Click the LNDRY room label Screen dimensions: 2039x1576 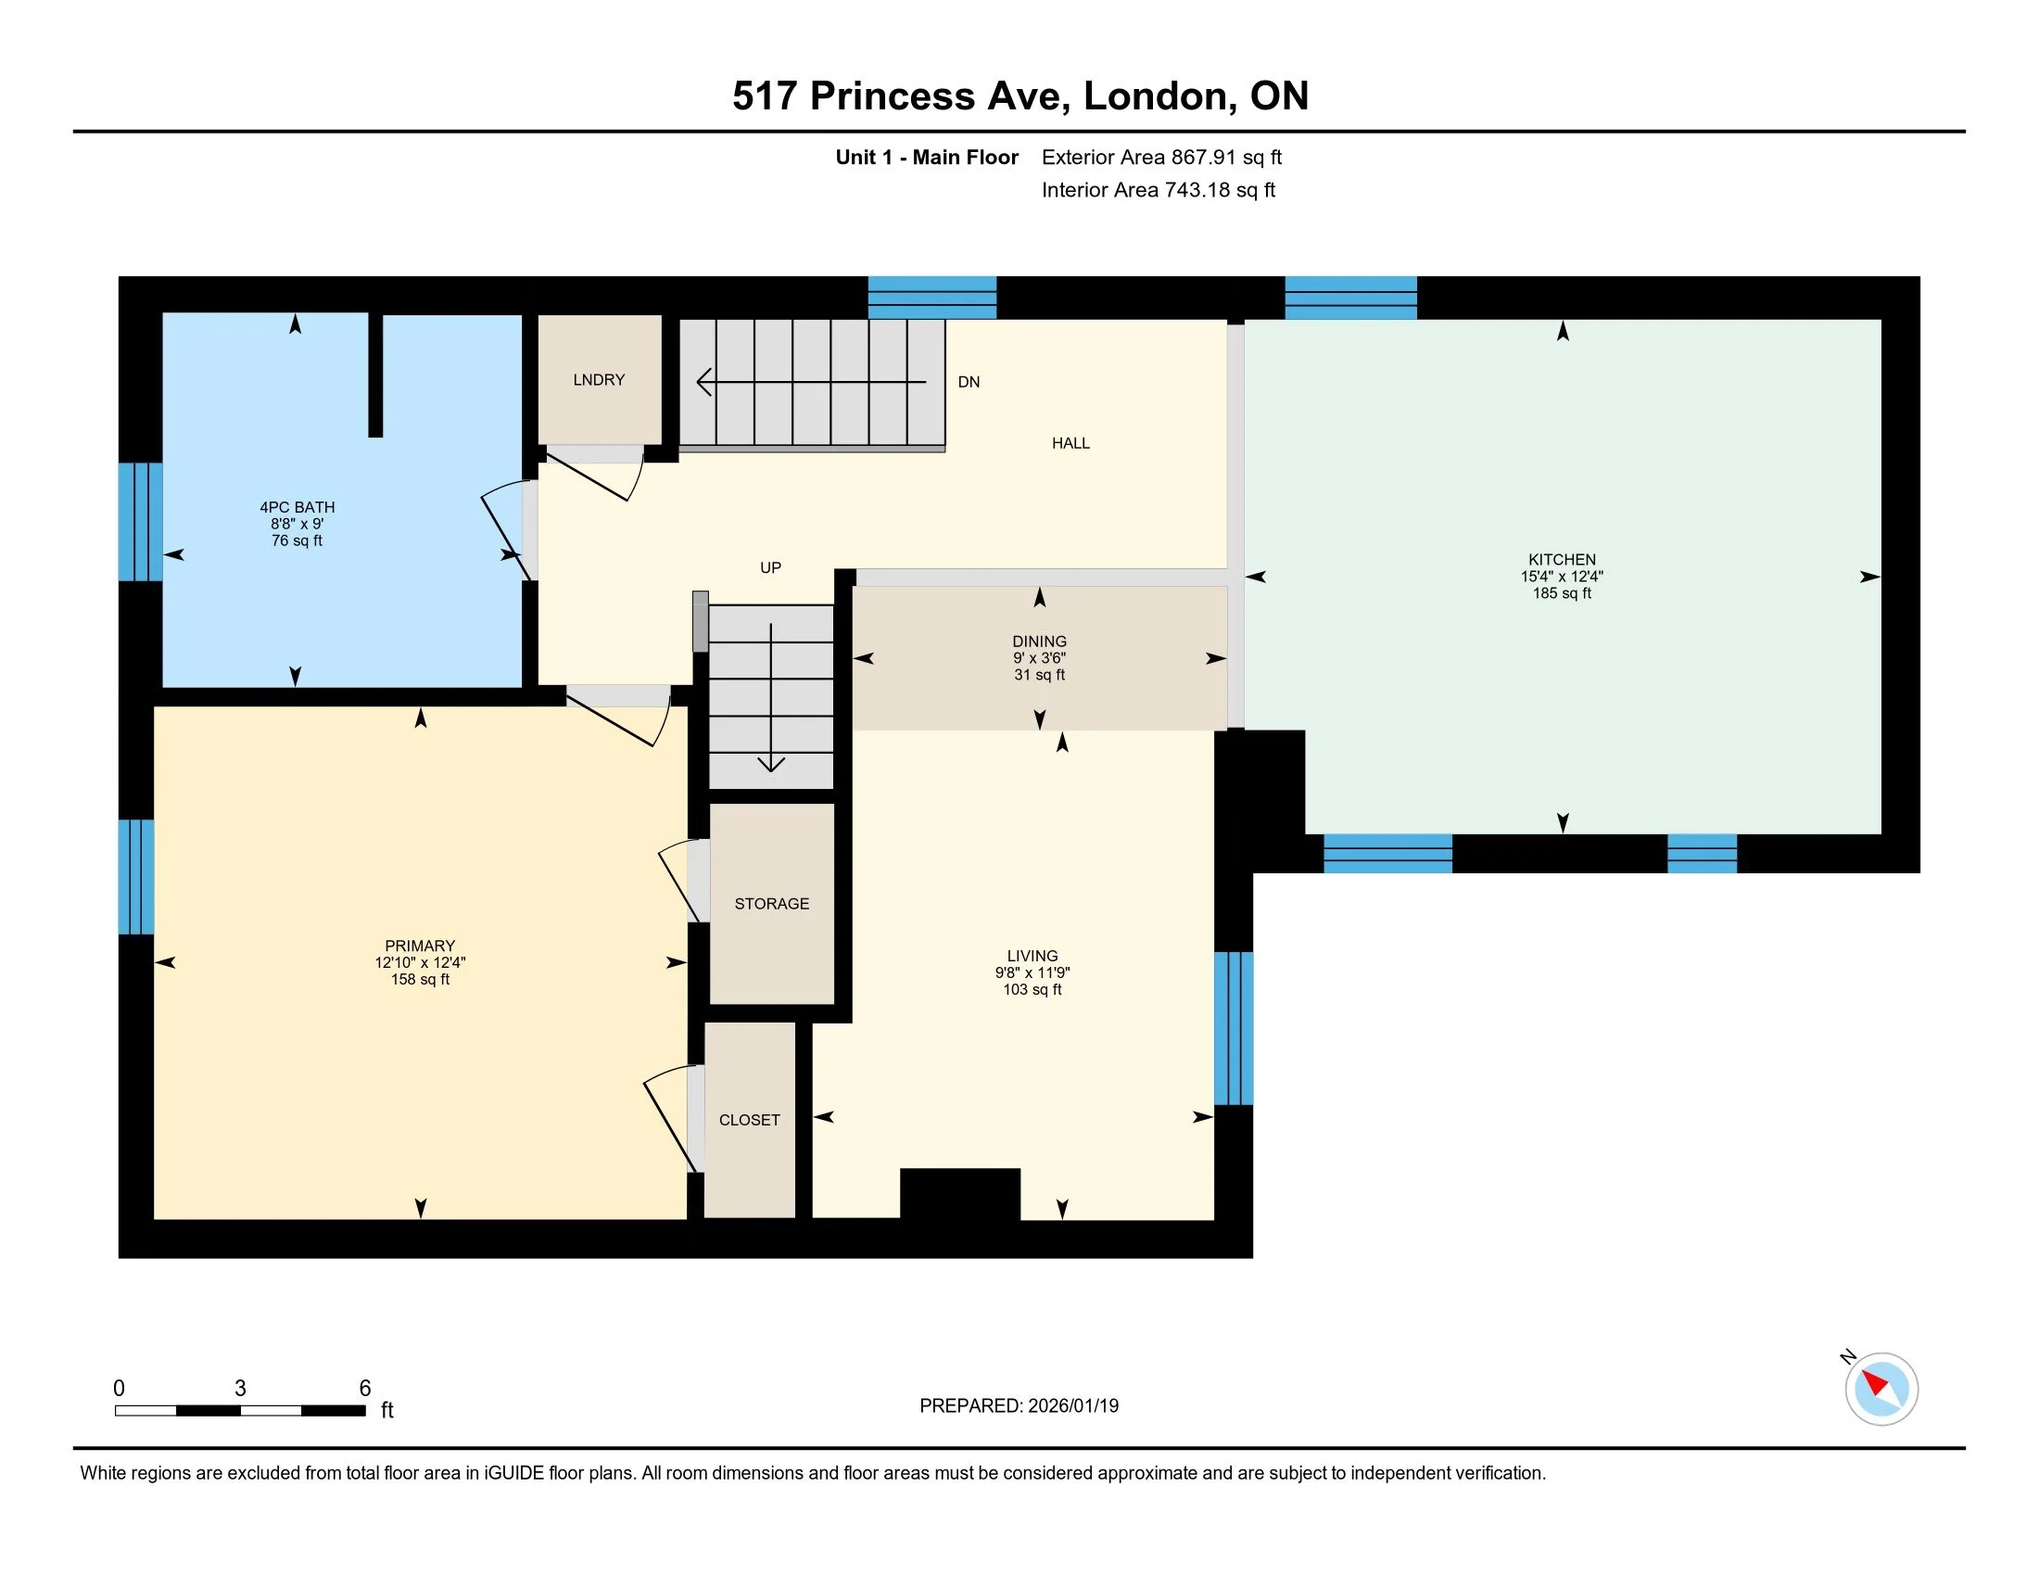[x=599, y=380]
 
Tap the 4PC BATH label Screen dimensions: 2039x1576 [x=297, y=507]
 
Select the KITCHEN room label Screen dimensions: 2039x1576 [x=1562, y=559]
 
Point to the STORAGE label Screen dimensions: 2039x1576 [x=771, y=904]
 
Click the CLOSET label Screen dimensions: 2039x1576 [x=749, y=1120]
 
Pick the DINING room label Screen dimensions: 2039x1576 [x=1039, y=642]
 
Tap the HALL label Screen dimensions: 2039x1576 [x=1070, y=443]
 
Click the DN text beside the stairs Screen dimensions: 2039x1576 [x=969, y=382]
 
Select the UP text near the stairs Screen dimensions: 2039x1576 [x=770, y=567]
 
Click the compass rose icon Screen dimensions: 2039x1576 [x=1881, y=1390]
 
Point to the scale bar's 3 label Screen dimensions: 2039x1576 [x=240, y=1389]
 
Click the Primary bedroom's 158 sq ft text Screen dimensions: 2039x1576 [x=420, y=979]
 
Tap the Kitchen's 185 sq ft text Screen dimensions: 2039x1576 [x=1562, y=593]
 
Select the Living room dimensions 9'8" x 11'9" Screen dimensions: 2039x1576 [x=1032, y=972]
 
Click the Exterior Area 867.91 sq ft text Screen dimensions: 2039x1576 [x=1161, y=157]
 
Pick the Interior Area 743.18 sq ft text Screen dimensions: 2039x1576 [x=1158, y=189]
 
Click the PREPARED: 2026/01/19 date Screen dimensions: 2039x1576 [x=1019, y=1406]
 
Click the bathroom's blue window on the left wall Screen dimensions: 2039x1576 [x=140, y=522]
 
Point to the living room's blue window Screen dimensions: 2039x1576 [x=1234, y=1028]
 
